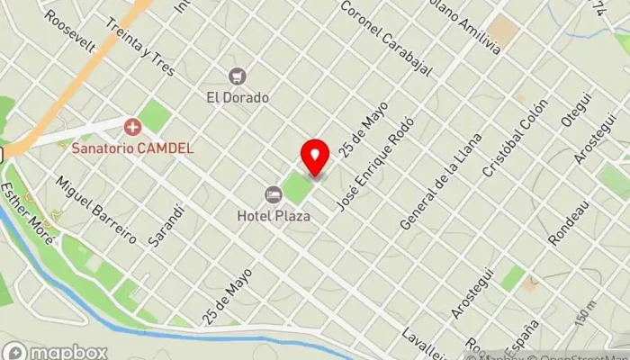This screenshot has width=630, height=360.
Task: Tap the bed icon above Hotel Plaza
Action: point(273,194)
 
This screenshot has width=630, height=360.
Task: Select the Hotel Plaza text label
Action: point(274,215)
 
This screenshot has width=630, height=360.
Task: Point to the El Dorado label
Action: point(238,94)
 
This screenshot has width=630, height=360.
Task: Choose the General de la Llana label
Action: point(441,181)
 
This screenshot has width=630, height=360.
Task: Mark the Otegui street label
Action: point(575,121)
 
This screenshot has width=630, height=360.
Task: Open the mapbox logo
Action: point(56,351)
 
